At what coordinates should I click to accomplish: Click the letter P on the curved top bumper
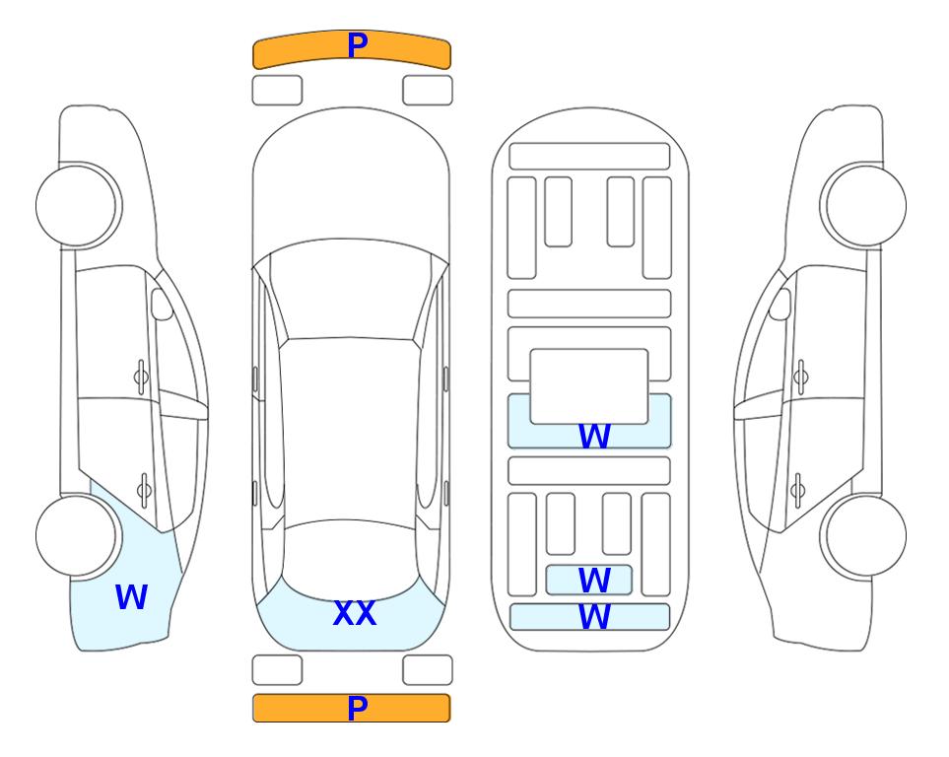pyautogui.click(x=358, y=45)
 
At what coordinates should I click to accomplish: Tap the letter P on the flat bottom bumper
pyautogui.click(x=358, y=708)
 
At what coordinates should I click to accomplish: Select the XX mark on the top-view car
pyautogui.click(x=355, y=613)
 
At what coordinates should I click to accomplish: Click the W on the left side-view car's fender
pyautogui.click(x=131, y=596)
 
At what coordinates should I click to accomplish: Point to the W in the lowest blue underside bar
pyautogui.click(x=594, y=616)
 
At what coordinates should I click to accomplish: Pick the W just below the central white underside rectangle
pyautogui.click(x=594, y=436)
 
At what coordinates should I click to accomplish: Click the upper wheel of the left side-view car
pyautogui.click(x=79, y=206)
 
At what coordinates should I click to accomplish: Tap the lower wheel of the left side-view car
pyautogui.click(x=79, y=535)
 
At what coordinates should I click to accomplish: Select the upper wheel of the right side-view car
pyautogui.click(x=863, y=206)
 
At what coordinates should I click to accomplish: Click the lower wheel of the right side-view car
pyautogui.click(x=863, y=535)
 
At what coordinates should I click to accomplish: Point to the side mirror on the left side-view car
pyautogui.click(x=162, y=304)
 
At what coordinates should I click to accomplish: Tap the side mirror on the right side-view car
pyautogui.click(x=780, y=304)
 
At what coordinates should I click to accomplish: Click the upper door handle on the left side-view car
pyautogui.click(x=141, y=378)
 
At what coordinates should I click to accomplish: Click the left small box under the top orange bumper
pyautogui.click(x=277, y=91)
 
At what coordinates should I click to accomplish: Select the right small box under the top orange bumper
pyautogui.click(x=428, y=91)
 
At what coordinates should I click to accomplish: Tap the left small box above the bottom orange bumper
pyautogui.click(x=277, y=670)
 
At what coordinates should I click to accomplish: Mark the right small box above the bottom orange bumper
pyautogui.click(x=428, y=670)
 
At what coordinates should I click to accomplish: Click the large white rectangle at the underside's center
pyautogui.click(x=589, y=386)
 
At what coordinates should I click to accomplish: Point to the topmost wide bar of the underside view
pyautogui.click(x=589, y=157)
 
